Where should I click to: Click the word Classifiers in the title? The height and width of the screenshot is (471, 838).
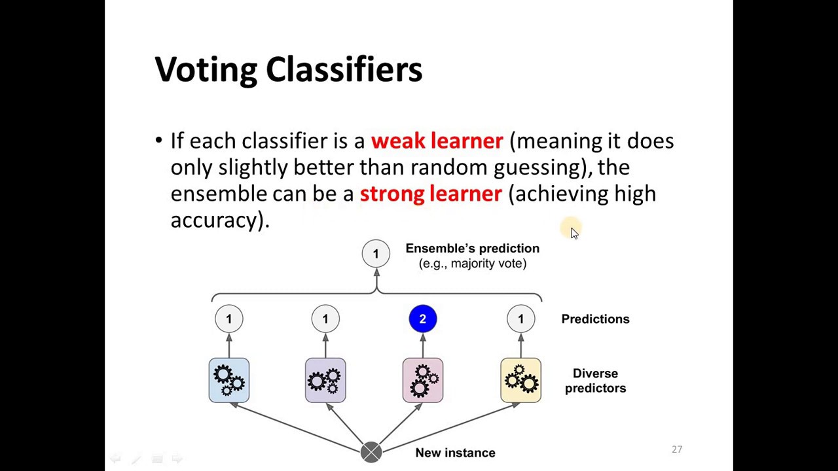344,69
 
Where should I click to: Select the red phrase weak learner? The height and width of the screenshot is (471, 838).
437,141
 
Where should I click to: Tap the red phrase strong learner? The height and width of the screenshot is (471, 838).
431,194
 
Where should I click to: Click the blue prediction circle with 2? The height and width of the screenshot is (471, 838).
422,319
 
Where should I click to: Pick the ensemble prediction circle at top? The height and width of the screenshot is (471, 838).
376,254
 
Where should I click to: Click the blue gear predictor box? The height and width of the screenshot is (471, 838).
228,380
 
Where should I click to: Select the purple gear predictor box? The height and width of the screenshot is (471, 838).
325,380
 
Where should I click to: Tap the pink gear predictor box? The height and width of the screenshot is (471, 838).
422,380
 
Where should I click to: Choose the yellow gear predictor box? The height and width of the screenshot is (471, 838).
520,380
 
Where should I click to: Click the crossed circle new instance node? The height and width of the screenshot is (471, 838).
371,452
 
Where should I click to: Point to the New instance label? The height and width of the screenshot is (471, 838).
455,453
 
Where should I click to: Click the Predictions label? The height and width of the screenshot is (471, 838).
595,319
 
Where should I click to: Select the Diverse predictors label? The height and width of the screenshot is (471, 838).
595,381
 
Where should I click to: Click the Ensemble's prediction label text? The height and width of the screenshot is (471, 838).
472,249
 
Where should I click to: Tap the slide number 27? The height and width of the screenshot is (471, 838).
677,449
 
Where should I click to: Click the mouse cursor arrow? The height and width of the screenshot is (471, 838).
574,233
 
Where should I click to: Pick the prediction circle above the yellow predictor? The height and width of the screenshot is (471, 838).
520,319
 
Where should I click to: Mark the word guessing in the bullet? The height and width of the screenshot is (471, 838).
537,168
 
